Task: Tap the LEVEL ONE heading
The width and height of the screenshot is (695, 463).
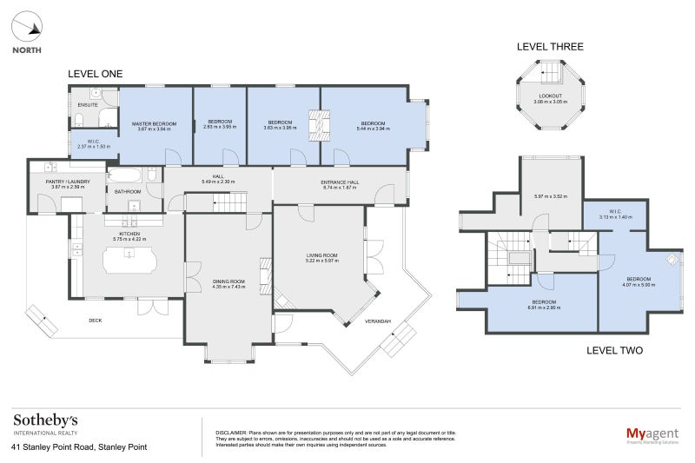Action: tap(95, 74)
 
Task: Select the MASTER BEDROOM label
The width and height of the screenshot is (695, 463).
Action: tap(155, 124)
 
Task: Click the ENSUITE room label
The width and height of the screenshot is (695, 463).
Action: tap(87, 104)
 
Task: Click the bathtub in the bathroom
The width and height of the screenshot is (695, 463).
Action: tap(132, 175)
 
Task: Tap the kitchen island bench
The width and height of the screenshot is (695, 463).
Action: tap(129, 258)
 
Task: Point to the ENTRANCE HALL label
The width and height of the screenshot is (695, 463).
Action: tap(340, 182)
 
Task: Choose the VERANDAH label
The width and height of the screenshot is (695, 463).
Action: tap(377, 321)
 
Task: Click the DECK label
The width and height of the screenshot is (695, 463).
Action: tap(96, 321)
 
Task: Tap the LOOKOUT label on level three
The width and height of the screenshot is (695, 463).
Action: tap(550, 96)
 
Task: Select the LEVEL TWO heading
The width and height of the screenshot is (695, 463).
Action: tap(614, 350)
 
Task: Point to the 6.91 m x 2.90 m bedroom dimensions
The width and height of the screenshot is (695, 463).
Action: tap(545, 308)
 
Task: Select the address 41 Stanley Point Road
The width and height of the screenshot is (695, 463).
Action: tap(79, 447)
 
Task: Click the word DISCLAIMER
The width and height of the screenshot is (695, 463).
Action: tap(230, 432)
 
